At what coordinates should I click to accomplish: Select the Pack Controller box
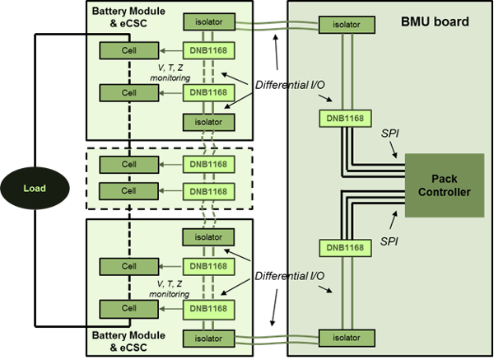click(445, 185)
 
